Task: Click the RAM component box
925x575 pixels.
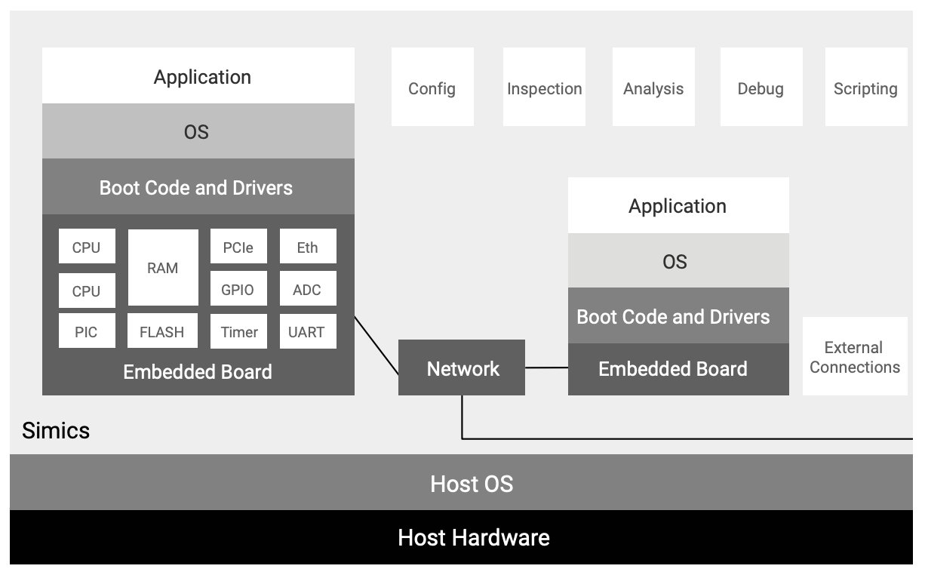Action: [163, 268]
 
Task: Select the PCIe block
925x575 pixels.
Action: [238, 248]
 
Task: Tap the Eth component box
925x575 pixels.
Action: [307, 248]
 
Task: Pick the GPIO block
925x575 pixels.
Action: [238, 290]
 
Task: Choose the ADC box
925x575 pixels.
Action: [307, 290]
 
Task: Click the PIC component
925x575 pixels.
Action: [87, 331]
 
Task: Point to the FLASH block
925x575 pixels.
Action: [162, 331]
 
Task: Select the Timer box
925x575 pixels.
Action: [238, 331]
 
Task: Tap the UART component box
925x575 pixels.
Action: [307, 331]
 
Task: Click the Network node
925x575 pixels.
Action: [462, 368]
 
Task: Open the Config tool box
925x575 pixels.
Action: [432, 88]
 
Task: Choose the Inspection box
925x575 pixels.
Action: [544, 88]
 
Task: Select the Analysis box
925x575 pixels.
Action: [653, 88]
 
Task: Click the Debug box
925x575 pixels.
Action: [761, 88]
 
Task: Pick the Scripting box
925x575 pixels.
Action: [865, 88]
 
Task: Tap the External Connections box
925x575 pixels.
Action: [855, 357]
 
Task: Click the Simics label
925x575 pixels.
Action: [56, 430]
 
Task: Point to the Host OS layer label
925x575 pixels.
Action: [472, 483]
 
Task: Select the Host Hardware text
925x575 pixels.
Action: [474, 537]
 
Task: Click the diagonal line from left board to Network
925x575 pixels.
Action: [376, 345]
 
